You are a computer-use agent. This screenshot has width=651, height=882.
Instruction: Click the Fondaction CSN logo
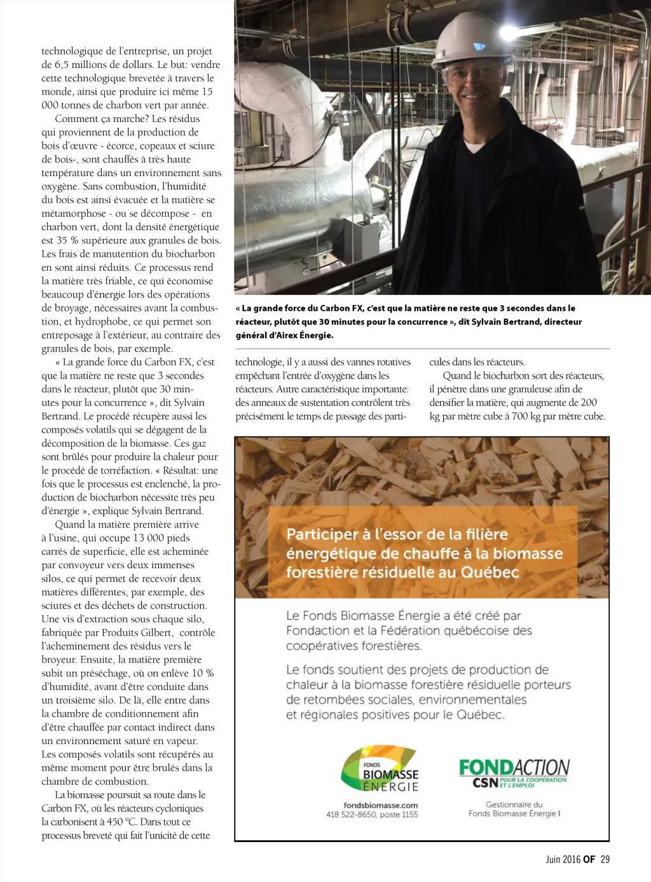pyautogui.click(x=514, y=772)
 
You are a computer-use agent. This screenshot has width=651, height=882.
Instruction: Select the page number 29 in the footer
pyautogui.click(x=605, y=859)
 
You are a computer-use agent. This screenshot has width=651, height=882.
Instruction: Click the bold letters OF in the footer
pyautogui.click(x=589, y=859)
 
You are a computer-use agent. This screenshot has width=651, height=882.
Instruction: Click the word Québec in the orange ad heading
pyautogui.click(x=490, y=572)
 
